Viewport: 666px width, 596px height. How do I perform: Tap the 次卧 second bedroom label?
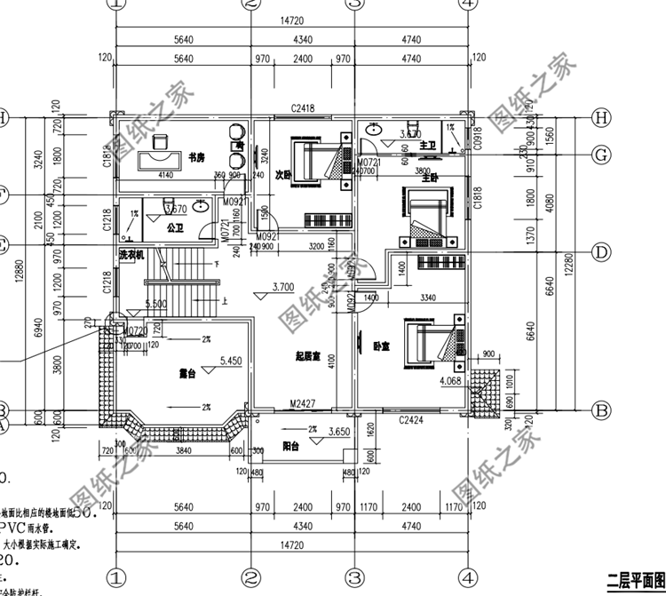282,174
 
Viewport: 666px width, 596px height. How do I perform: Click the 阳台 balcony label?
289,447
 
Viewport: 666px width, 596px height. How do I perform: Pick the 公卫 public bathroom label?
174,227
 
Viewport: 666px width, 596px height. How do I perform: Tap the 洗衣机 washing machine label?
131,256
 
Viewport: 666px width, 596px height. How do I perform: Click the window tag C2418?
302,109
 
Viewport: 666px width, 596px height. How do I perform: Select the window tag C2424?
410,418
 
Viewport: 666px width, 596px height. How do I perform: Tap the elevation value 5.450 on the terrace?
230,362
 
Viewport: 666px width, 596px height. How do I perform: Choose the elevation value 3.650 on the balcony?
338,432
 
